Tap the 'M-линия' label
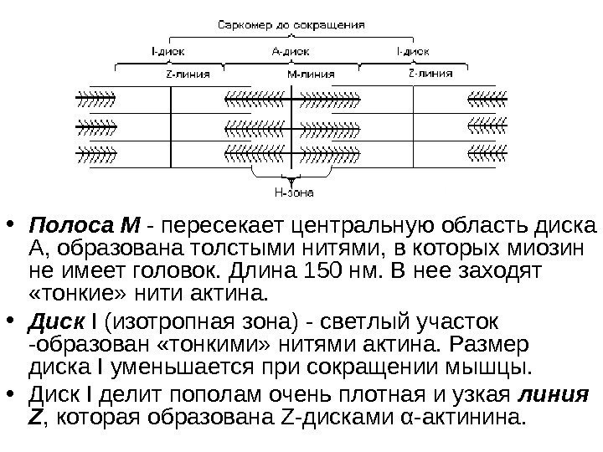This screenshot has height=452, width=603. point(310,73)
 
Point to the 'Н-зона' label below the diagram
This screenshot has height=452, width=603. point(294,193)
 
